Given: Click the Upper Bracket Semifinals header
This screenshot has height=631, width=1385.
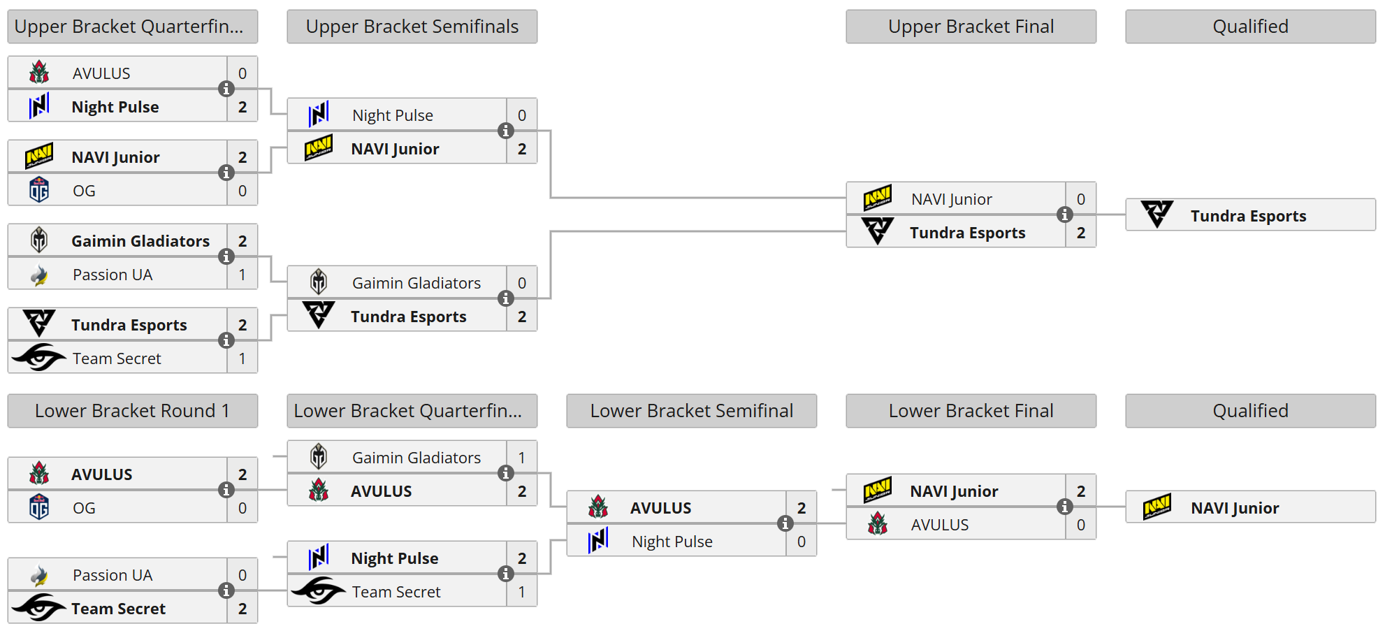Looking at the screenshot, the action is [412, 27].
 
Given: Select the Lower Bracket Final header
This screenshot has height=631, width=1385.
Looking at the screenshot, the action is [971, 411].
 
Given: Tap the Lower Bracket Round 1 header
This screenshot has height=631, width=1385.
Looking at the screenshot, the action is [133, 411].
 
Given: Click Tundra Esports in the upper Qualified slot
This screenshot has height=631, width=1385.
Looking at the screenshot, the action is [1248, 216].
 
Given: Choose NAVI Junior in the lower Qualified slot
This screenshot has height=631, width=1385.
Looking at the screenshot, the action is [1235, 508].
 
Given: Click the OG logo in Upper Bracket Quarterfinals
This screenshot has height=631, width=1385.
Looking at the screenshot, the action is [39, 190].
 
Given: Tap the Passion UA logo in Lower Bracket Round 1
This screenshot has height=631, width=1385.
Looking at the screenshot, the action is [39, 575].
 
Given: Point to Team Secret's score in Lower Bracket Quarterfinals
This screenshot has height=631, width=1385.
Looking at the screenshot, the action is [522, 592].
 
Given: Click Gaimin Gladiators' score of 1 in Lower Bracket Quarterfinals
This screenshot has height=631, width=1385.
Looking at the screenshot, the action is [522, 458].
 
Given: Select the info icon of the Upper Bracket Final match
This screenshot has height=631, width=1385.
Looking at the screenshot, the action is [1065, 215].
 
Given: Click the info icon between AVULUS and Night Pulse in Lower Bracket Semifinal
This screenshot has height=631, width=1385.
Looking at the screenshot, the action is [785, 523].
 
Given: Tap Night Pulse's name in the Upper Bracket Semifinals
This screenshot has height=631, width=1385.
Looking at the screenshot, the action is [393, 115].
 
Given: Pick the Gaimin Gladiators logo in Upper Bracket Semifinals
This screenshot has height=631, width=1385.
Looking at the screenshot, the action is [319, 282].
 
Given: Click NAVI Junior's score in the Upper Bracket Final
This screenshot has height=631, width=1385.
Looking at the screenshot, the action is [1081, 199].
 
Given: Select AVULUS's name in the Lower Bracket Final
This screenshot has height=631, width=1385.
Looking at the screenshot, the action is [940, 525].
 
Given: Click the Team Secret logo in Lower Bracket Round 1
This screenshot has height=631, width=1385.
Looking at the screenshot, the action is [39, 607].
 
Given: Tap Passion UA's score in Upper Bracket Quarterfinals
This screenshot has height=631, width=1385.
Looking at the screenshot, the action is [242, 275].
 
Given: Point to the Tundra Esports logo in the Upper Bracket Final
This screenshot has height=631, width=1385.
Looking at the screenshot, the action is [878, 231].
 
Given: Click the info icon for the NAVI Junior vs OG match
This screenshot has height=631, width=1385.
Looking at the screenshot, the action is [226, 173].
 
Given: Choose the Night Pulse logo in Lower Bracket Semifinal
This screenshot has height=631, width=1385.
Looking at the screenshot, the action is [598, 540].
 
